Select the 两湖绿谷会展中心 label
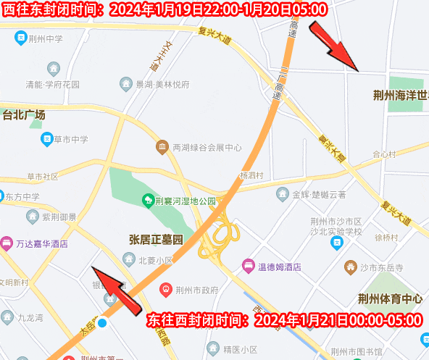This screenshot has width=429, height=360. (207, 148)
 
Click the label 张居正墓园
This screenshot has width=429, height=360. (156, 240)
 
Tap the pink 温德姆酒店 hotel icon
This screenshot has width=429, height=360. (248, 266)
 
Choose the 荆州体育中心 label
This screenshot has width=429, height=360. (389, 298)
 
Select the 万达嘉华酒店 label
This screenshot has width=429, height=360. (42, 243)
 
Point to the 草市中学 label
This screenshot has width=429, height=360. (70, 139)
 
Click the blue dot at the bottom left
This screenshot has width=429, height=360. (103, 322)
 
